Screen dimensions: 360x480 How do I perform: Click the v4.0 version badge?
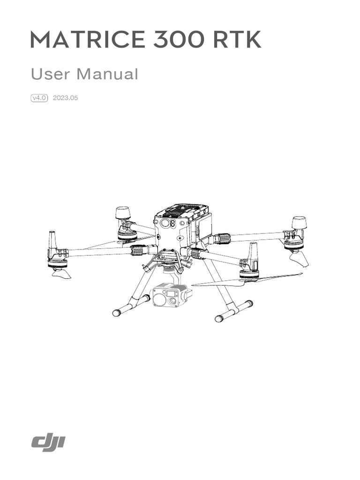pos(40,98)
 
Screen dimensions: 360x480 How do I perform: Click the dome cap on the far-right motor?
pos(299,222)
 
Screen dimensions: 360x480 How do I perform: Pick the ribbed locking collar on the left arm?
pos(138,249)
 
